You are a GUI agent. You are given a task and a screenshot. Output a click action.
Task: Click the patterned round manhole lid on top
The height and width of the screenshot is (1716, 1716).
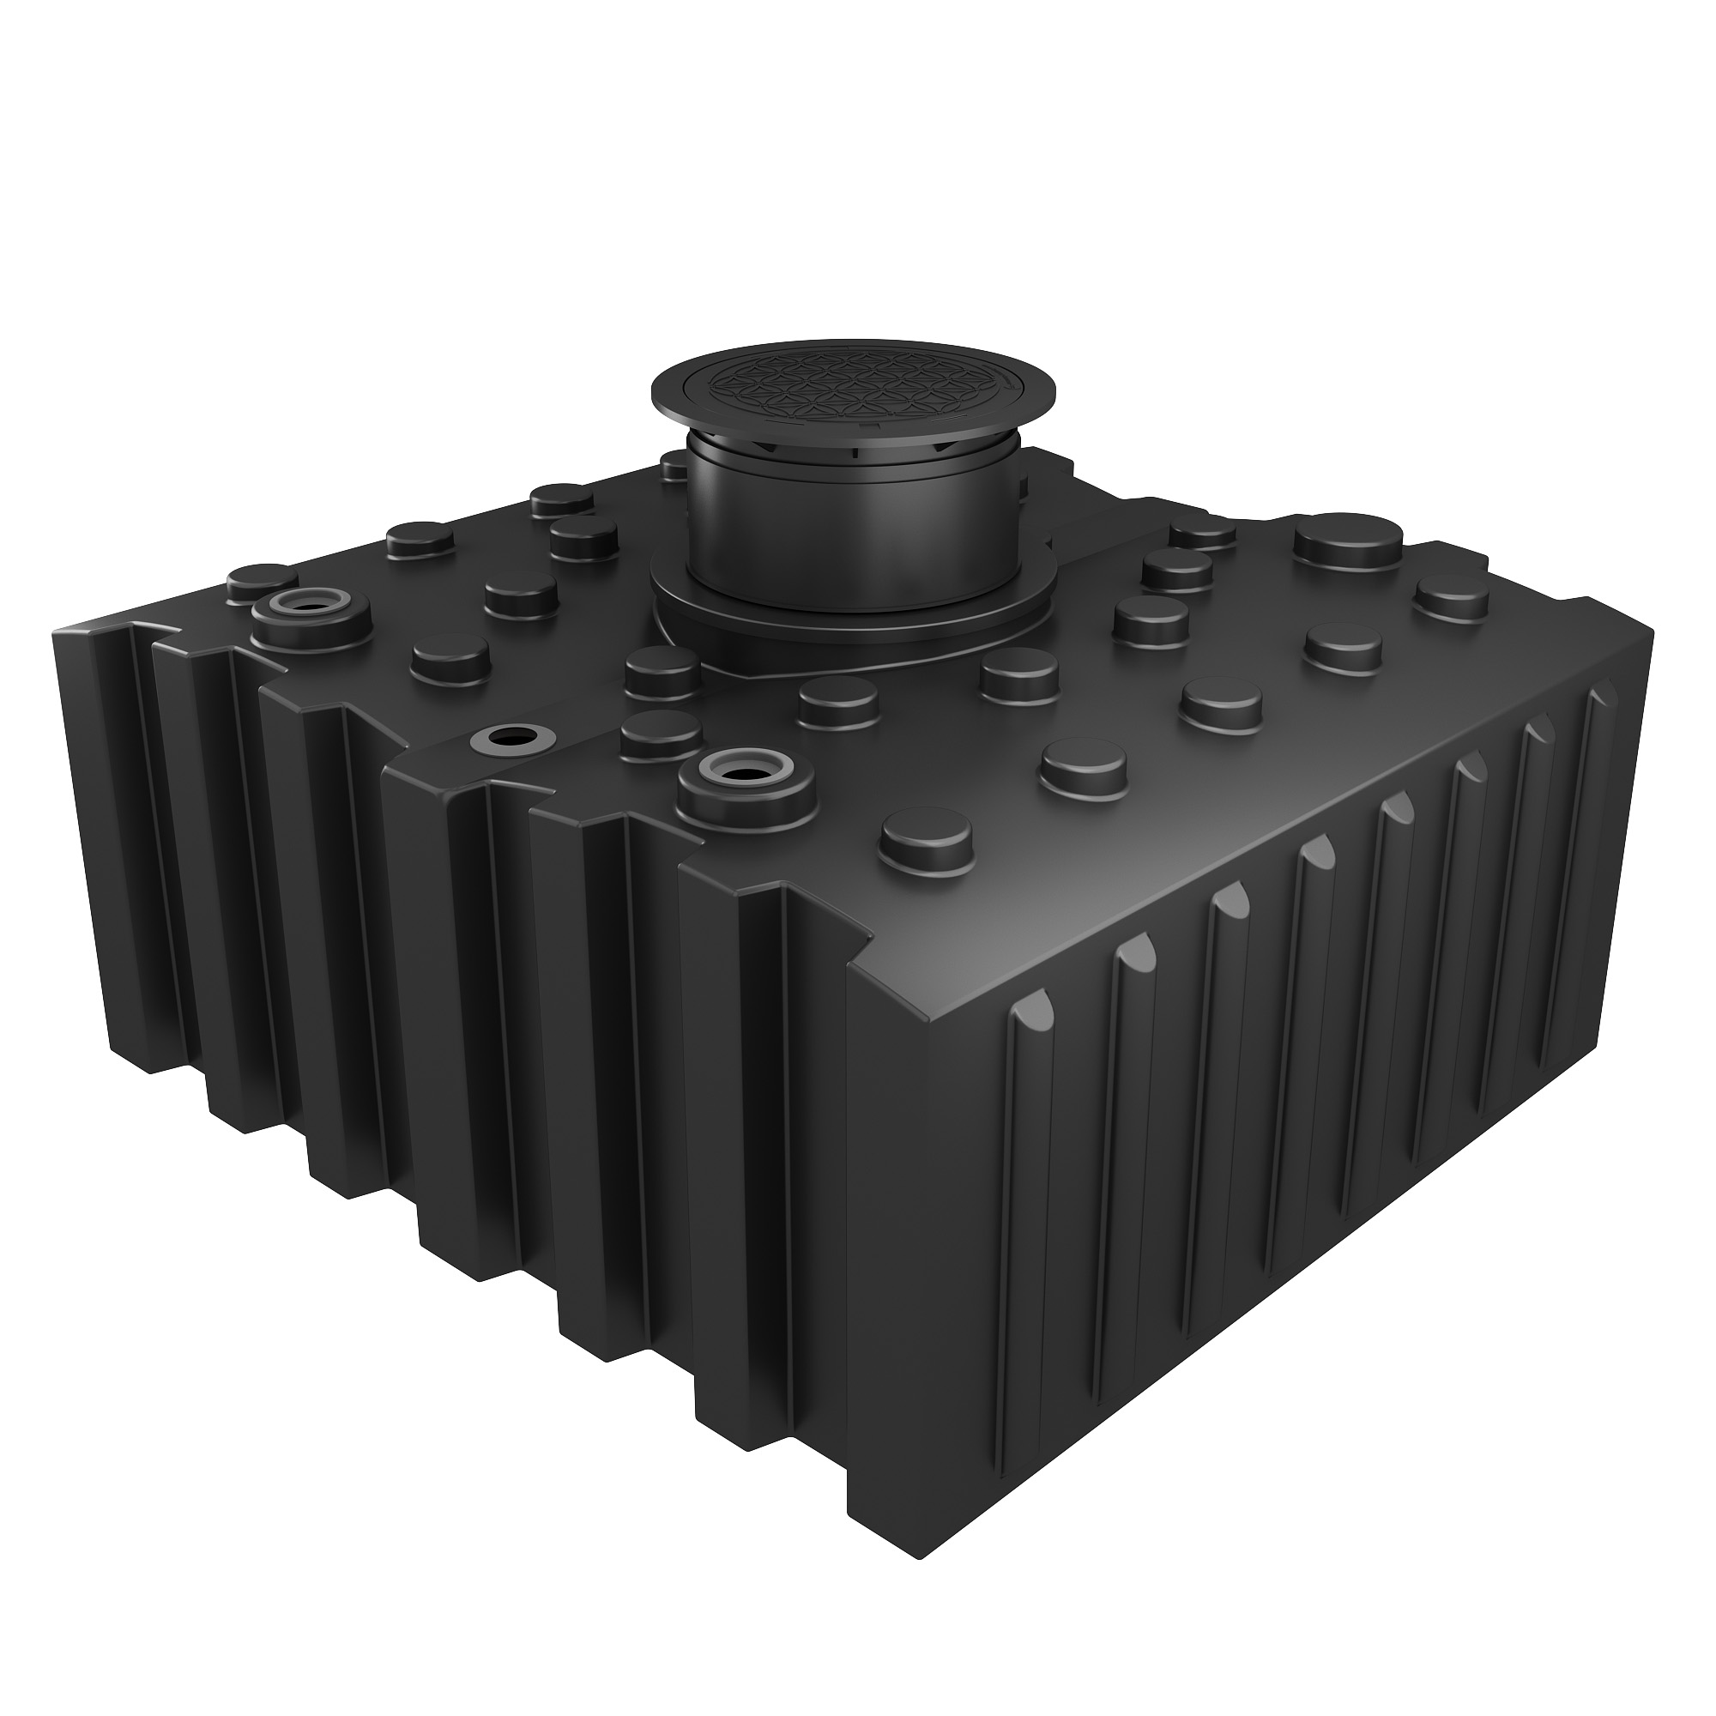coord(853,384)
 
